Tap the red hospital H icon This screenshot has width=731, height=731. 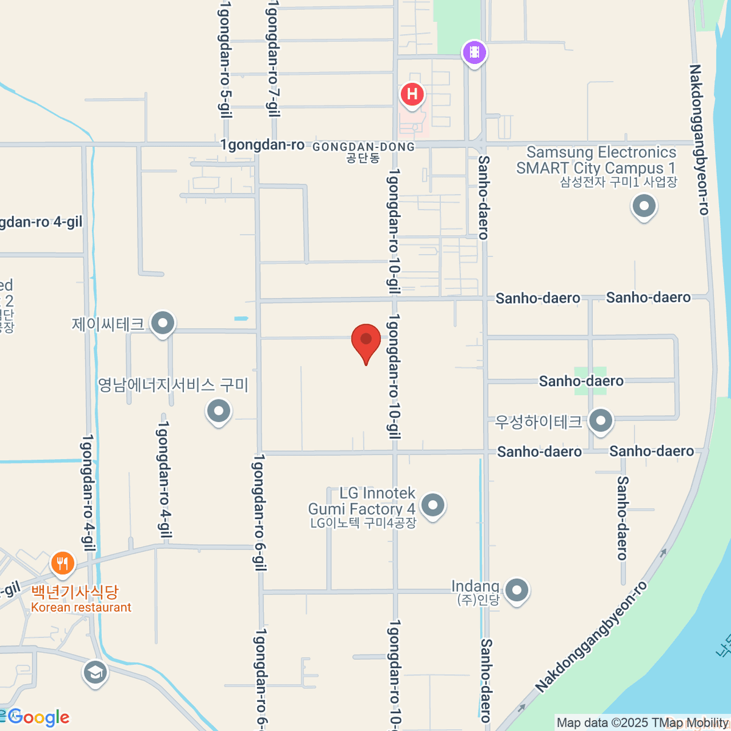tap(412, 94)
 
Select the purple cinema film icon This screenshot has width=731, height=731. tap(474, 52)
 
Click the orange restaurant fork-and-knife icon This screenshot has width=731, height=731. tap(62, 563)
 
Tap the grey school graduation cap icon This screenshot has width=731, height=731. tap(95, 673)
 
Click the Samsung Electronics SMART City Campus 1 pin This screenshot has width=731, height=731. tap(644, 207)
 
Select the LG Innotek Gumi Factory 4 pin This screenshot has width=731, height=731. tap(433, 505)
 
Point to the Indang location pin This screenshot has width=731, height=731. tap(517, 590)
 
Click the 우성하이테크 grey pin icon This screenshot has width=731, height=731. tap(601, 421)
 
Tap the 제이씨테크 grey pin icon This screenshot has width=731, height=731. tap(163, 323)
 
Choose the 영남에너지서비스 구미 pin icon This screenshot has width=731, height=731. tap(218, 411)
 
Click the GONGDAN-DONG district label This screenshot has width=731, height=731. tap(364, 147)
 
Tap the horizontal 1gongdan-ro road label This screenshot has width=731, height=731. tap(262, 145)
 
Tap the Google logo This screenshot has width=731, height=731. tap(39, 718)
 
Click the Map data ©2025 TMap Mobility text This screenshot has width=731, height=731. tap(642, 723)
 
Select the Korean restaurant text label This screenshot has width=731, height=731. tap(81, 607)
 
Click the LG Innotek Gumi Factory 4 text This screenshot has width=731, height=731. tap(362, 501)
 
